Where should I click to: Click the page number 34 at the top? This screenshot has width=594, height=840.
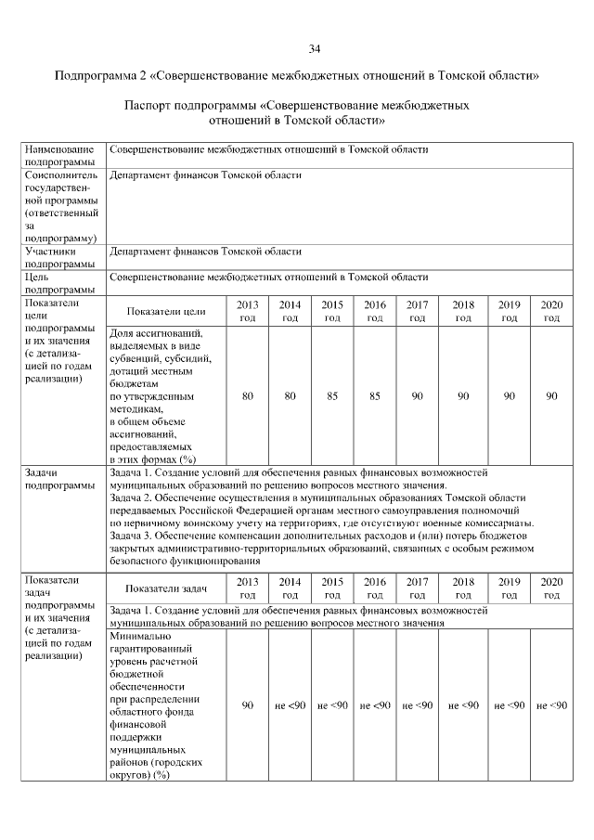pyautogui.click(x=315, y=48)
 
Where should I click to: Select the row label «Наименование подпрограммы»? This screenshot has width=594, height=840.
pyautogui.click(x=60, y=155)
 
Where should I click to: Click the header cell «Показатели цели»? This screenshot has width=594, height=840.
pyautogui.click(x=166, y=311)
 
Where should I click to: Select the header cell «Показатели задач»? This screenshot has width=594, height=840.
pyautogui.click(x=168, y=588)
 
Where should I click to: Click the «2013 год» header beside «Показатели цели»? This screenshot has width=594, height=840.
pyautogui.click(x=248, y=311)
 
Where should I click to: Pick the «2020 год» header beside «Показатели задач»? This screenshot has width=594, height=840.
pyautogui.click(x=551, y=588)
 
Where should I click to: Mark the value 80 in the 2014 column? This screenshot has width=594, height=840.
pyautogui.click(x=290, y=396)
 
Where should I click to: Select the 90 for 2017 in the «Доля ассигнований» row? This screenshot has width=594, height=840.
pyautogui.click(x=418, y=396)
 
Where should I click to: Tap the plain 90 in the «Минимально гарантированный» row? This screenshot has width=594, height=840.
pyautogui.click(x=248, y=705)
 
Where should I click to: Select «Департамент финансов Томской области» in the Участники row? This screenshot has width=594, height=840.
pyautogui.click(x=205, y=251)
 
